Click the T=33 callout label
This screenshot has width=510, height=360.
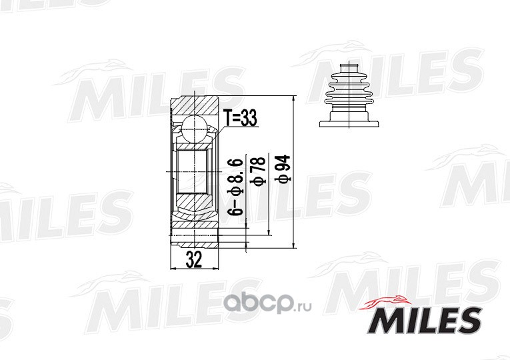pyautogui.click(x=241, y=118)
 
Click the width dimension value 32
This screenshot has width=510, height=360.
pyautogui.click(x=194, y=259)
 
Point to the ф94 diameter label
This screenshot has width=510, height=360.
pyautogui.click(x=283, y=168)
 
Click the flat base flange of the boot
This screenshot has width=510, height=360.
pyautogui.click(x=349, y=123)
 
